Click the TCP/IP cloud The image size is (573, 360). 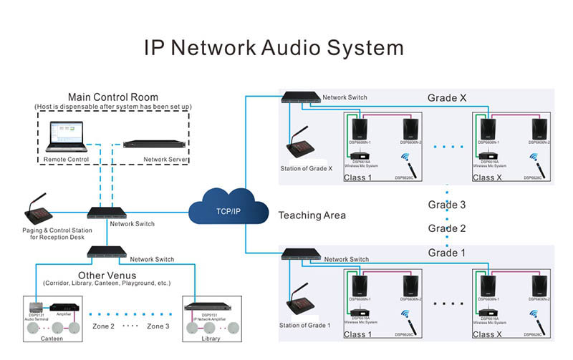point(228,211)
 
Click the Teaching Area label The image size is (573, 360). point(312,215)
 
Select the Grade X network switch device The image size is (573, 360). point(300,97)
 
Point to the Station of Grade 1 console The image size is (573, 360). point(305,306)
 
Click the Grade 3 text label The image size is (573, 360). point(447,205)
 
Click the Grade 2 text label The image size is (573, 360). point(447,228)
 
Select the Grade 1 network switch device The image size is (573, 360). point(300,253)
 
